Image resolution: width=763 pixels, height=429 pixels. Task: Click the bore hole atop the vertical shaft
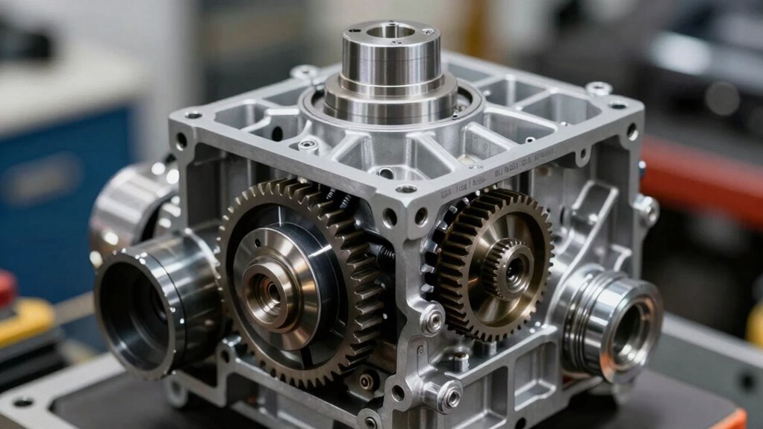[x=390, y=31]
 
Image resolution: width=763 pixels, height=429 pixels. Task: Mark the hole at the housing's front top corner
[x=405, y=189]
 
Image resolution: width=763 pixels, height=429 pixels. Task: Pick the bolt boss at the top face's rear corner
[x=305, y=72]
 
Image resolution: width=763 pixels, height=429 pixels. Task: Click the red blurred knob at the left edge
[x=7, y=288]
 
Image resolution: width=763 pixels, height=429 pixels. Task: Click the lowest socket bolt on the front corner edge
[x=450, y=395]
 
